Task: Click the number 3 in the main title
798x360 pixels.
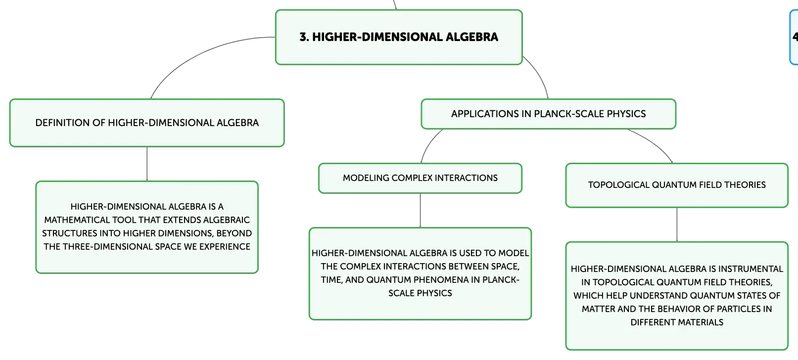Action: pyautogui.click(x=304, y=37)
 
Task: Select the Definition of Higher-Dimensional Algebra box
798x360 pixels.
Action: pyautogui.click(x=147, y=123)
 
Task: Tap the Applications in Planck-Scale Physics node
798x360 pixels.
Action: pyautogui.click(x=548, y=114)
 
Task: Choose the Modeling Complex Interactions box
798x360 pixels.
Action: pyautogui.click(x=420, y=178)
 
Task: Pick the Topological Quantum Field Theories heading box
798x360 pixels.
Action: pyautogui.click(x=676, y=185)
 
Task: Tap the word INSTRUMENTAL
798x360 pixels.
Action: pyautogui.click(x=751, y=269)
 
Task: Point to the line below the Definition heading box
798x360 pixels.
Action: pyautogui.click(x=147, y=164)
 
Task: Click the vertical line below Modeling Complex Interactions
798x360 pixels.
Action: pyautogui.click(x=420, y=211)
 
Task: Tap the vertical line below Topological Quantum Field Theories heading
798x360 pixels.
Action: pyautogui.click(x=676, y=225)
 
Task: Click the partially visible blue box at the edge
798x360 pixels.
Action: pyautogui.click(x=794, y=37)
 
